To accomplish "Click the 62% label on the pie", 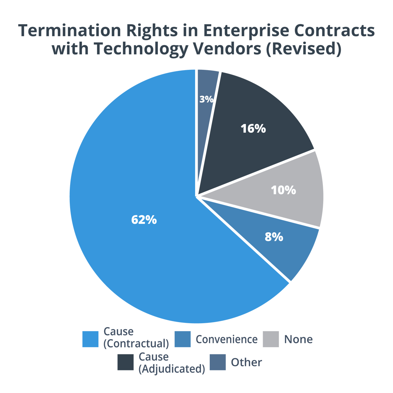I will point(144,220).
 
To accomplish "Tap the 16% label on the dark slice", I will point(253,128).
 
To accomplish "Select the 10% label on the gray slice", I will point(283,190).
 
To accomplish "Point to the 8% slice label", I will point(274,237).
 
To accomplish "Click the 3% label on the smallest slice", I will point(207,99).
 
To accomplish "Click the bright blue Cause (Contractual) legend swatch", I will point(90,339).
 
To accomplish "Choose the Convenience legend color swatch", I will point(183,339).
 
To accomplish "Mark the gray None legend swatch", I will point(271,339).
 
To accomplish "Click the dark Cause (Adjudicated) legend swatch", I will point(126,362).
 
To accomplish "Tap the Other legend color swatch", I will point(218,362).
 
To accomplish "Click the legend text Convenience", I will point(227,339).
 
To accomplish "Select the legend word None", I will point(298,339).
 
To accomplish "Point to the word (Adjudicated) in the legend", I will point(172,369).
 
